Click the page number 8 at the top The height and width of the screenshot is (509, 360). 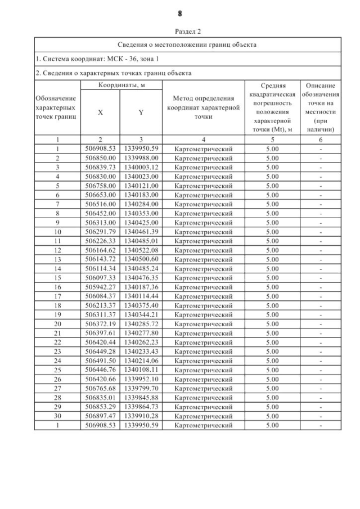click(x=180, y=13)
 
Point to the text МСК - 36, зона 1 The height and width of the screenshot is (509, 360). click(x=123, y=58)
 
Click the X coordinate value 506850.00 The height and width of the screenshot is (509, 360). click(x=100, y=158)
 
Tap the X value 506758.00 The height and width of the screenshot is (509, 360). click(x=100, y=186)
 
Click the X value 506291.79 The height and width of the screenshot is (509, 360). click(x=100, y=232)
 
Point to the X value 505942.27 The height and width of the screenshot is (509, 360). click(x=100, y=287)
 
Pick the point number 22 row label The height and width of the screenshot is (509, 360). click(x=57, y=342)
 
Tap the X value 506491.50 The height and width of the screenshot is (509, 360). click(x=100, y=361)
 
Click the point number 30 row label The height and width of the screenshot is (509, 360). click(x=57, y=416)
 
